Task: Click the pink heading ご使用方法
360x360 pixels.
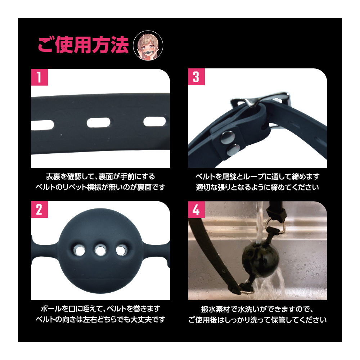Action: pos(83,45)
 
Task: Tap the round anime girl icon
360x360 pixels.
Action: pos(148,45)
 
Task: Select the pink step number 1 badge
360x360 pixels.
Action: pos(39,77)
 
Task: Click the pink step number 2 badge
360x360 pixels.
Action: pos(39,210)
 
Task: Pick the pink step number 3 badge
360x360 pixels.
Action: pos(196,77)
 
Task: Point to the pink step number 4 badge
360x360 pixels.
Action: pos(196,210)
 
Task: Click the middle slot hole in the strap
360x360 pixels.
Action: pos(99,123)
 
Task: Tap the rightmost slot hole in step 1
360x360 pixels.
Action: pos(155,122)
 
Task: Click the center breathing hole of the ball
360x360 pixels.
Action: pos(100,250)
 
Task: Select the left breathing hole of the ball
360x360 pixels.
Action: pos(79,250)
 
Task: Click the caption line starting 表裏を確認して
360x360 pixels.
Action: pos(100,176)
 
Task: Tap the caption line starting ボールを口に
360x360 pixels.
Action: pos(100,309)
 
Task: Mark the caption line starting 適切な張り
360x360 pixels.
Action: pos(257,187)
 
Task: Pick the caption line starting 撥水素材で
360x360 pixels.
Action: pos(257,309)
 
